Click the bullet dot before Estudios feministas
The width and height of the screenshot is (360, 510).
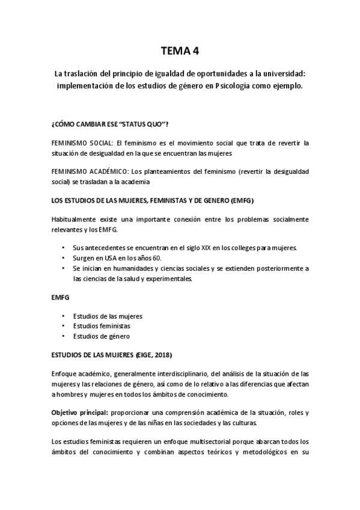coord(64,325)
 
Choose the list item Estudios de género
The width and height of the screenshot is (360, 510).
coord(101,336)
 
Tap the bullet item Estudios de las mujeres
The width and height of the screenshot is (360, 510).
coord(108,316)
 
